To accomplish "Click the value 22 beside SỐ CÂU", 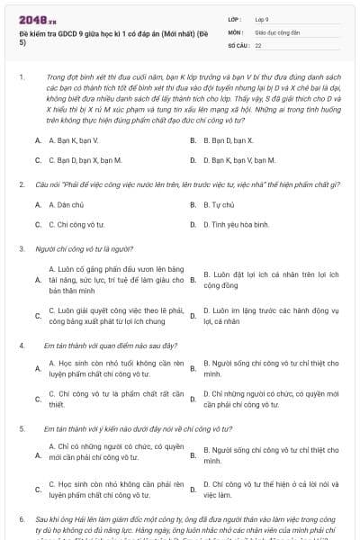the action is [258, 43].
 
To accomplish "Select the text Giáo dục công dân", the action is [274, 31].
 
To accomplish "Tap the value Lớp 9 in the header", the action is [262, 18].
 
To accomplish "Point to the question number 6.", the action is [21, 519].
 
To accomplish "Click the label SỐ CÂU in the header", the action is [238, 43].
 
